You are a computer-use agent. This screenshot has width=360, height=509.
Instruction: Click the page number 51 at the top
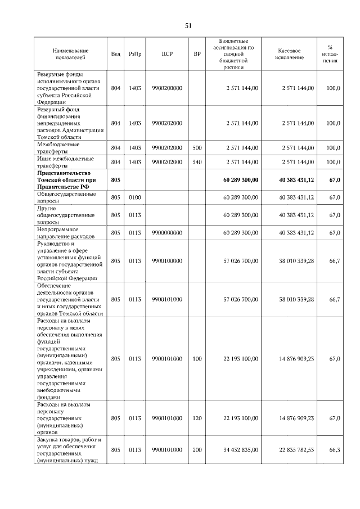click(188, 26)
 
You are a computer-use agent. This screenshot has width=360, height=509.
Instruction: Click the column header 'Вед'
click(116, 54)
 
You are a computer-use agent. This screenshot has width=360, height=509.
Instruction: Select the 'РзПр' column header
click(135, 54)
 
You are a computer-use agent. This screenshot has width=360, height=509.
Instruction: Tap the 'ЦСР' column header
click(166, 54)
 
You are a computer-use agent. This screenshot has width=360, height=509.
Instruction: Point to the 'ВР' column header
click(197, 54)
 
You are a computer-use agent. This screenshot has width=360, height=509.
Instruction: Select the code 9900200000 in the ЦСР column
click(166, 88)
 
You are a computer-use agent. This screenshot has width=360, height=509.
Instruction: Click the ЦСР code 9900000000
click(166, 232)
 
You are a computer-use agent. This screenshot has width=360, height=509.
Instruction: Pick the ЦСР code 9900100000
click(166, 261)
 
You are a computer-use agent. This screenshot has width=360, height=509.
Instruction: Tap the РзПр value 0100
click(135, 198)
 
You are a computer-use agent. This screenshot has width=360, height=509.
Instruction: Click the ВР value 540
click(197, 162)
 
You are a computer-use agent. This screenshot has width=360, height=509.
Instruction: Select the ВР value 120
click(197, 418)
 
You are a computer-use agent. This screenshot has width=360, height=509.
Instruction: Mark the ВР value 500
click(197, 147)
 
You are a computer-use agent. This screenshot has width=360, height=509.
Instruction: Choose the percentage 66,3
click(334, 450)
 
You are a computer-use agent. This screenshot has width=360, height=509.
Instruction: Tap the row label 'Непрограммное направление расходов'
click(65, 232)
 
